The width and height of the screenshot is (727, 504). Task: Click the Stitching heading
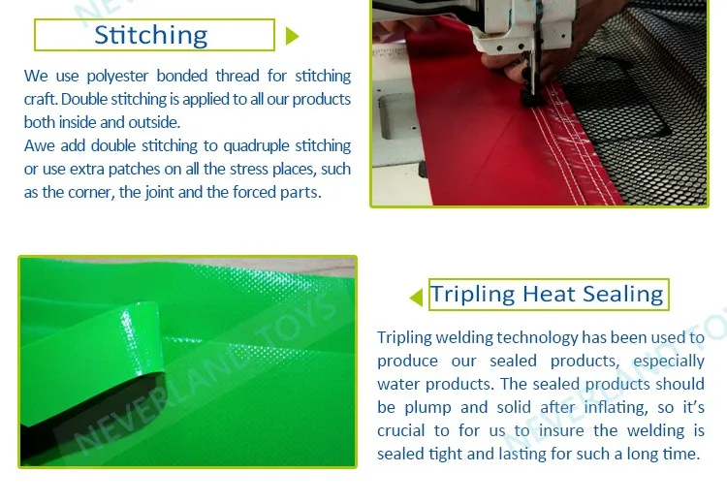[150, 35]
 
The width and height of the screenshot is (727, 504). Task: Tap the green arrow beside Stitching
[292, 36]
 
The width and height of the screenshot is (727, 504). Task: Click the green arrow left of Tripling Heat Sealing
[417, 298]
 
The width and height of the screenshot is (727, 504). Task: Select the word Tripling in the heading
[472, 295]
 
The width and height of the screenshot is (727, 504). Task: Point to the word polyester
[117, 76]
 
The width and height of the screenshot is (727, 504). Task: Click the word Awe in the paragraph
[39, 145]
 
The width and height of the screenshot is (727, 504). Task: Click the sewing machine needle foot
[530, 95]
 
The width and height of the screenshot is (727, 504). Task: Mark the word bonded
[182, 76]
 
